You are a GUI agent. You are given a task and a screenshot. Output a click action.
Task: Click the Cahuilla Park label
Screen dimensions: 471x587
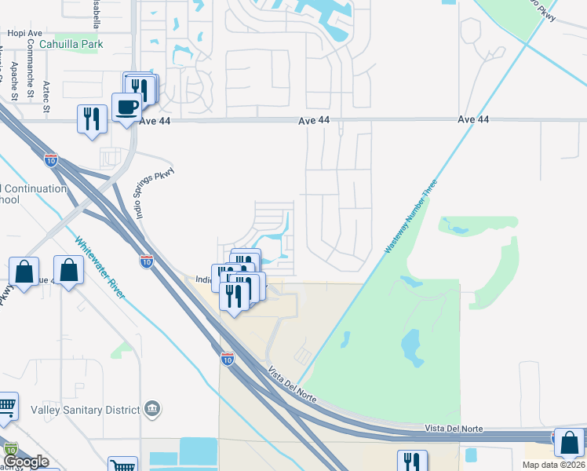[x=71, y=45]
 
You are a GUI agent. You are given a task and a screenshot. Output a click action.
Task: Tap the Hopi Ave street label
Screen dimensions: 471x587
[x=22, y=34]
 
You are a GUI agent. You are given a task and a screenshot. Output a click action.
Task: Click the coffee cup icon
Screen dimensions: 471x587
[x=126, y=107]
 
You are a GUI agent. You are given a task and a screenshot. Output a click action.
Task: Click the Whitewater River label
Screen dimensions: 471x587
[x=100, y=267]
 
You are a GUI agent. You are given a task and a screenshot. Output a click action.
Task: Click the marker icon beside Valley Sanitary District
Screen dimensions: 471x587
[x=153, y=408]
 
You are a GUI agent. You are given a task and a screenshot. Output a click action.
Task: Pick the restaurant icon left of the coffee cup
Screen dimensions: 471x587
[x=92, y=119]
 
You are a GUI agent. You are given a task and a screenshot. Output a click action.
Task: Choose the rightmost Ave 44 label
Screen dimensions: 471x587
[x=473, y=119]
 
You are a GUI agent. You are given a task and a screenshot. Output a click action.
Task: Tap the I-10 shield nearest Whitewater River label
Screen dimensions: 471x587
[x=147, y=261]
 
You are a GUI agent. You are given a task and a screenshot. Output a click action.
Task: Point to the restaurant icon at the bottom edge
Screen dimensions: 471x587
[x=412, y=462]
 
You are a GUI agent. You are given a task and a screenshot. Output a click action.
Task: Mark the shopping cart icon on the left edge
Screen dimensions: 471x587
[x=5, y=406]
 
